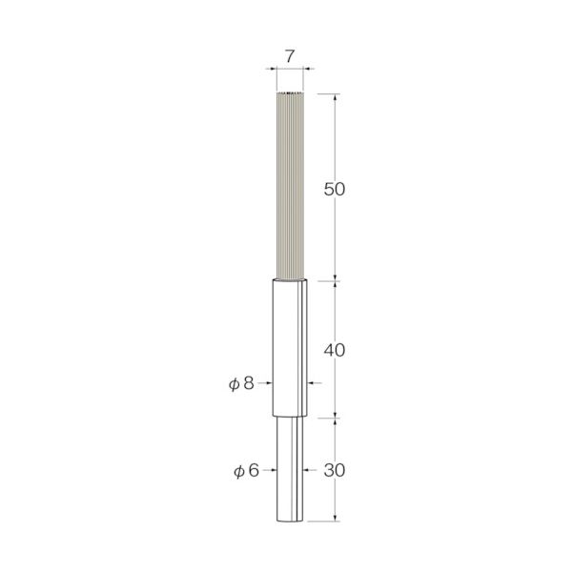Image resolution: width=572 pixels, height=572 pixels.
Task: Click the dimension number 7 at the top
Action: point(289,56)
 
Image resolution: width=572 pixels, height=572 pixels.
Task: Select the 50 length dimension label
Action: point(335,190)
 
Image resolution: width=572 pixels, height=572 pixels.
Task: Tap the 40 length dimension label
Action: point(335,350)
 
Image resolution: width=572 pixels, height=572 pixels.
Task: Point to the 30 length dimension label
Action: point(335,471)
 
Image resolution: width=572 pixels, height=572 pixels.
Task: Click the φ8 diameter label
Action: point(241,383)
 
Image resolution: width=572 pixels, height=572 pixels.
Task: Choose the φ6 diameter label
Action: point(246,471)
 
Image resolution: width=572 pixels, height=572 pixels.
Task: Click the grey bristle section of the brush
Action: point(290,186)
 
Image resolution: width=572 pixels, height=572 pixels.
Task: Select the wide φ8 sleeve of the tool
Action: point(290,348)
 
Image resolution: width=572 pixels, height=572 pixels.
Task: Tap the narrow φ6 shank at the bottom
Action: point(290,469)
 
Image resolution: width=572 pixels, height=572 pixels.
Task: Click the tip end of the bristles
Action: point(290,93)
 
